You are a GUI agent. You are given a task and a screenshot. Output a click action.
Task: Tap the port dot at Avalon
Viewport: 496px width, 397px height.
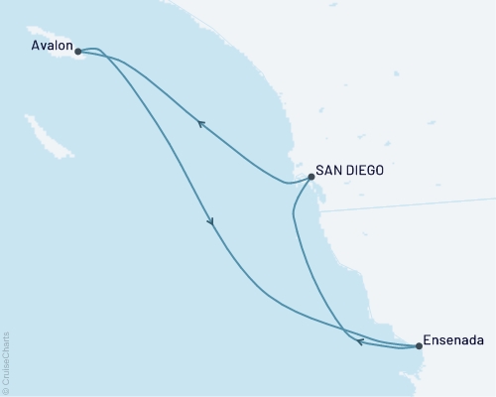78,51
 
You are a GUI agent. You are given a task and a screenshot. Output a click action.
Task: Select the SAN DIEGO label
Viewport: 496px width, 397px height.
350,170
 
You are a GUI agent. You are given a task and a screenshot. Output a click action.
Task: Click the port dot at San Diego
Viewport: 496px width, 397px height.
311,177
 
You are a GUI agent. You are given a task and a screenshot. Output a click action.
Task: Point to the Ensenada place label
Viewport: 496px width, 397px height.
453,340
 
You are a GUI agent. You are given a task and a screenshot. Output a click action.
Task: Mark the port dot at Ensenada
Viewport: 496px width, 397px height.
419,346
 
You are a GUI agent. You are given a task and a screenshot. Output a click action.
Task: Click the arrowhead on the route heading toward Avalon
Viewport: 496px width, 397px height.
201,124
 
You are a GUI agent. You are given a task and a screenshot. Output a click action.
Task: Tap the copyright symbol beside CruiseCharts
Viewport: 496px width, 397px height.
6,390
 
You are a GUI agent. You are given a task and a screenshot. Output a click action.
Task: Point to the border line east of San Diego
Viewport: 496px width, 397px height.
397,205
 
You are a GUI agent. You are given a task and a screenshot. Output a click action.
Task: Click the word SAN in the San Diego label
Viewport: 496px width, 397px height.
329,170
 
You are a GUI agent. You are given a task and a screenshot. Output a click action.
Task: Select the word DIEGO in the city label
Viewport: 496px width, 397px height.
365,170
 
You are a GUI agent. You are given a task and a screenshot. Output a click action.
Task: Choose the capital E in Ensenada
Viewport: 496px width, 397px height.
428,340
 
